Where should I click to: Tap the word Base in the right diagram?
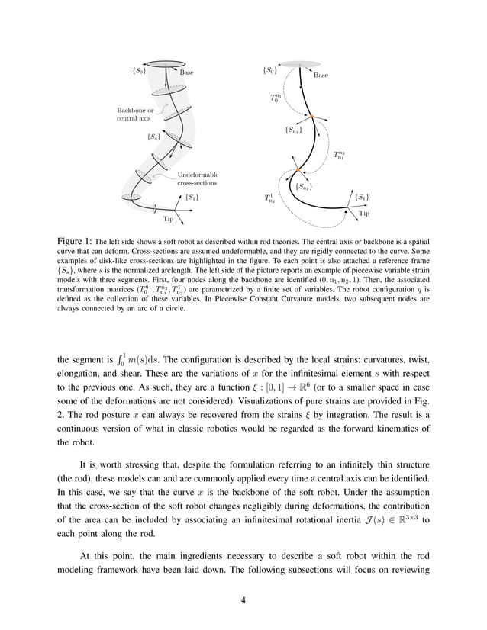(x=321, y=76)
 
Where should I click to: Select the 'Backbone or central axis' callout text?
(x=134, y=114)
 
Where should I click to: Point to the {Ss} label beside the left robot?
(x=153, y=137)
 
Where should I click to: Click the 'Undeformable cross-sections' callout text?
(x=198, y=179)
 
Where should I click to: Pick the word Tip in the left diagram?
(x=169, y=219)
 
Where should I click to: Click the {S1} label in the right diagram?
(x=363, y=198)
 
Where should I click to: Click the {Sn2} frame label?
(x=303, y=186)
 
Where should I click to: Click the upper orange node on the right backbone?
(x=310, y=116)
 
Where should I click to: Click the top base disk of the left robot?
(x=160, y=63)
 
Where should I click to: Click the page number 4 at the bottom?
(x=243, y=599)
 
